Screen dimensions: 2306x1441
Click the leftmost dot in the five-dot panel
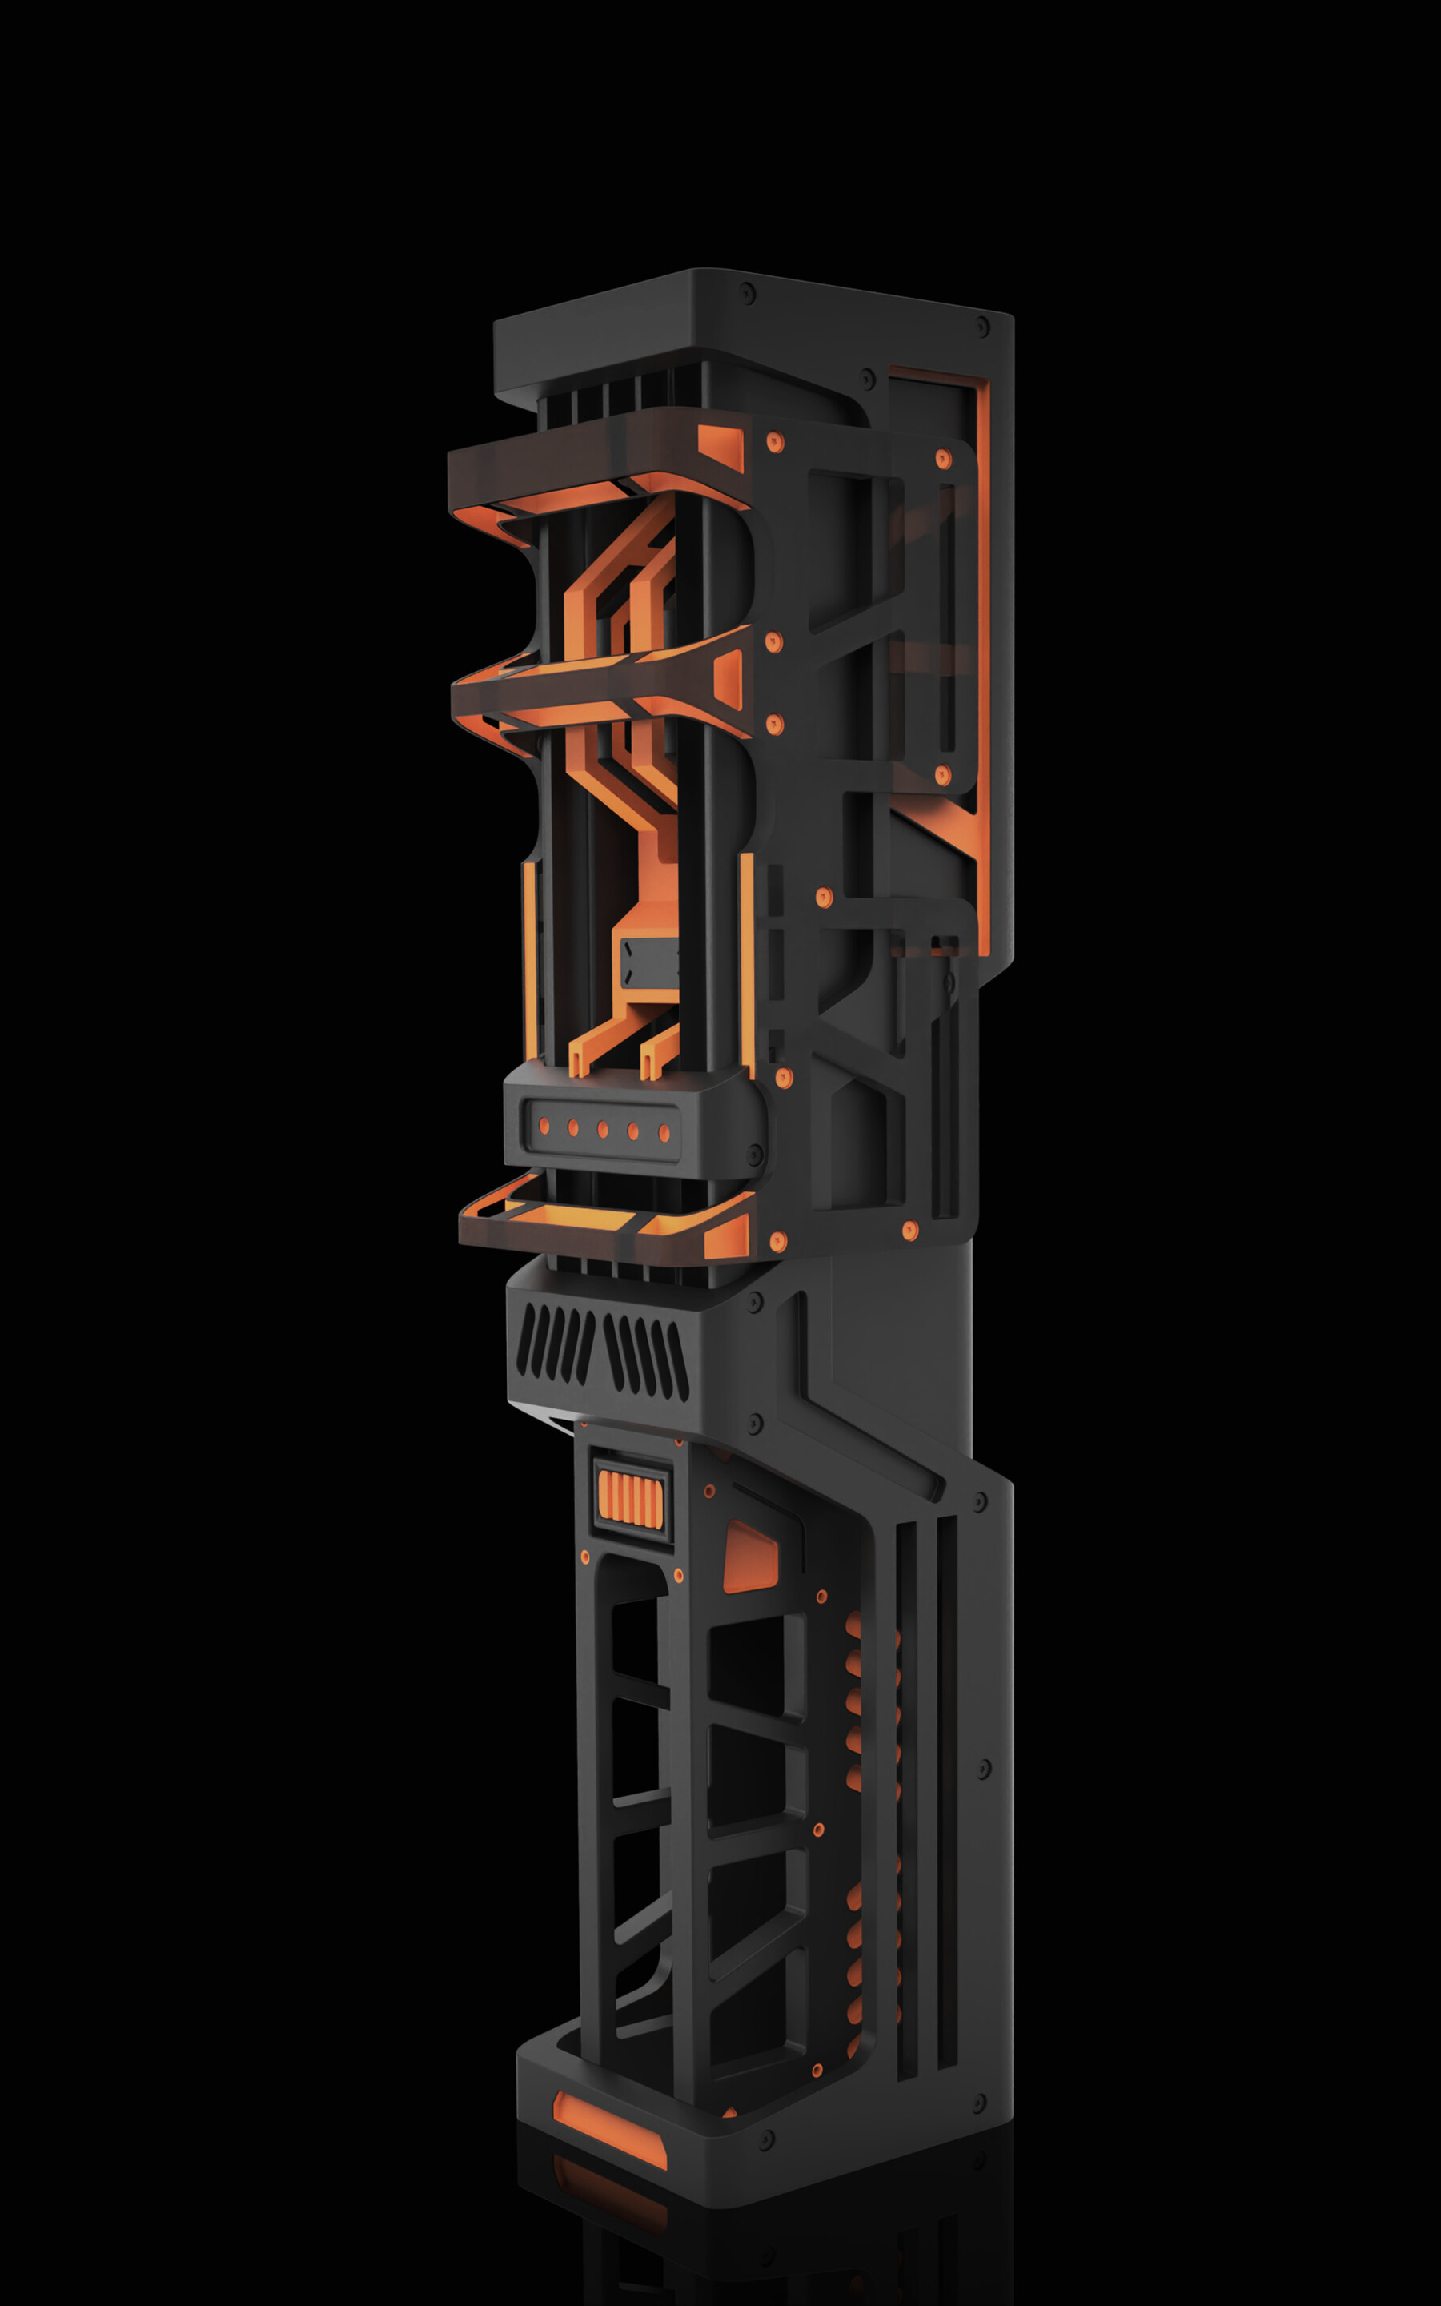coord(544,1127)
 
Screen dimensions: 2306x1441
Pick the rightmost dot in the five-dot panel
coord(664,1133)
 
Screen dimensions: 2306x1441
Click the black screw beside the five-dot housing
coord(756,1154)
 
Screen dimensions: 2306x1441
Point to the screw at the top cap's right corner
coord(982,327)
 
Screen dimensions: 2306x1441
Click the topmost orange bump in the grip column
coord(853,1625)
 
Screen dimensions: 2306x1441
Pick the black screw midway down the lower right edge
coord(984,1770)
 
